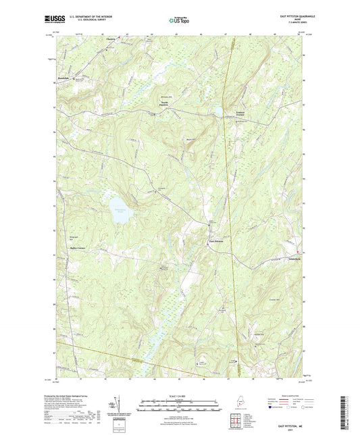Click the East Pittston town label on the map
(215, 241)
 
